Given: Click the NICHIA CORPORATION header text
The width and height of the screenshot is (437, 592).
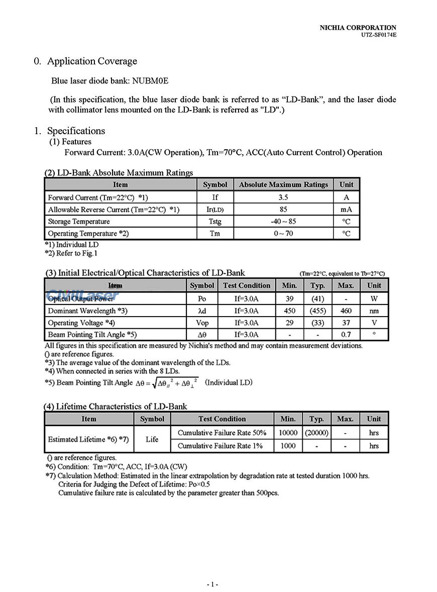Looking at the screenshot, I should tap(358, 28).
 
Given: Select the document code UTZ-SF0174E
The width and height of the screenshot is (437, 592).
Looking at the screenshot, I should tap(379, 35).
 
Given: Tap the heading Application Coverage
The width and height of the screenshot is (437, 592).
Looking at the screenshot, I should tap(92, 61).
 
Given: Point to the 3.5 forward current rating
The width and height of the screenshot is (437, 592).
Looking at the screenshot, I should tap(283, 198).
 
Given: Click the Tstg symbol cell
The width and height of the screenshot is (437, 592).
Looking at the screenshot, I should tap(215, 222).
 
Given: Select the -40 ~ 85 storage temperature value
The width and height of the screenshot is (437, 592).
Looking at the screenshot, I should tap(283, 222).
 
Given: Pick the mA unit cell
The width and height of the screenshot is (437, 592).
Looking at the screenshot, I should tap(346, 210).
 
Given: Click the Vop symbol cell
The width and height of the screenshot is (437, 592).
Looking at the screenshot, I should tap(202, 323).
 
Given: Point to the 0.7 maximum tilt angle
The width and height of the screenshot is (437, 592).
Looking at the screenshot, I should tap(346, 335).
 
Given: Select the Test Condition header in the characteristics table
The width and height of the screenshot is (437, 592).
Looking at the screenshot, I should tap(247, 285).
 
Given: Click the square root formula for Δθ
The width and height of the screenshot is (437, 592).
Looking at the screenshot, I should tap(167, 383).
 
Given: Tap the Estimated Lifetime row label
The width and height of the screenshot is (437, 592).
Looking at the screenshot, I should tap(88, 439).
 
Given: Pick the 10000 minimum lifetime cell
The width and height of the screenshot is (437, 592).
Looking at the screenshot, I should tap(288, 433).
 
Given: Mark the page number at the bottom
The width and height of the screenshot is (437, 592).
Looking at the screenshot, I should tap(212, 584).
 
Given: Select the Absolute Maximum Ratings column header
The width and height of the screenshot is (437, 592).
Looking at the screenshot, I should tap(283, 185).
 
